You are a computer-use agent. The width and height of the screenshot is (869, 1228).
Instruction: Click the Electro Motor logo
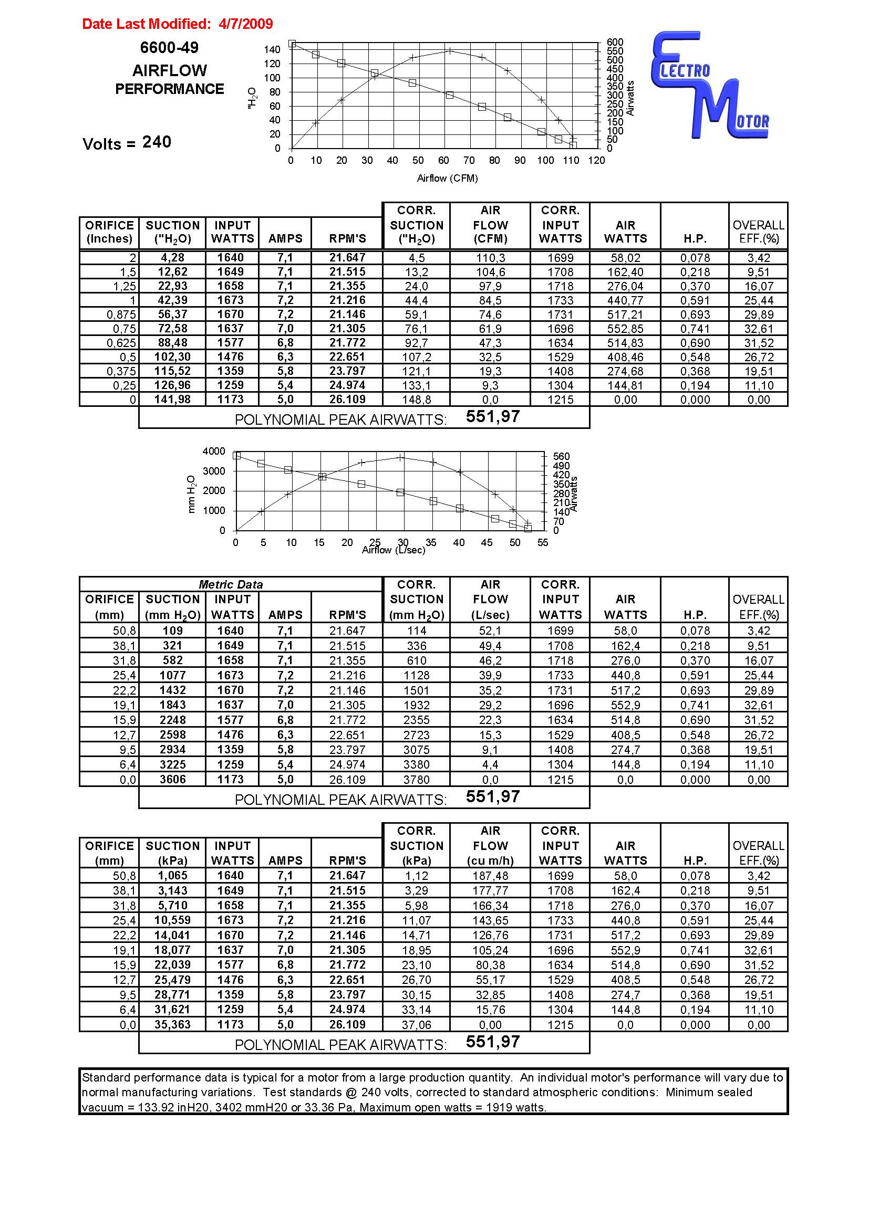710,86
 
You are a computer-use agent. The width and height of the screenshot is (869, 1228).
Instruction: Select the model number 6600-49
169,48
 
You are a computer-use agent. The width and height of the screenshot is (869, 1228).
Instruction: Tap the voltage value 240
157,142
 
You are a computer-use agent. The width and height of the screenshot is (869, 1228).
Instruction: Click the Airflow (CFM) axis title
447,179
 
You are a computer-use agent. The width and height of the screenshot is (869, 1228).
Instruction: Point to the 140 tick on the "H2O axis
272,50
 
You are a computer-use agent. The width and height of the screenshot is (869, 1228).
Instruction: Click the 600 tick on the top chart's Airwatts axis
615,42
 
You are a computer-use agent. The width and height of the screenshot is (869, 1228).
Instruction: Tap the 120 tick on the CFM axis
596,161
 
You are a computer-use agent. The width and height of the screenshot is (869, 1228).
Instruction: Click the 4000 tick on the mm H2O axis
213,452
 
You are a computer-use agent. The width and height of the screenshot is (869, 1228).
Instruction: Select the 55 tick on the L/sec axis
543,542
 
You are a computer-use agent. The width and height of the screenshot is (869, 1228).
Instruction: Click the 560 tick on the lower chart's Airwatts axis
561,456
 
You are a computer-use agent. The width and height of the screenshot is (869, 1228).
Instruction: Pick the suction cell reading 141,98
172,400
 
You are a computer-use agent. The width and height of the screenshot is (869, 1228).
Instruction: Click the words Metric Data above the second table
231,584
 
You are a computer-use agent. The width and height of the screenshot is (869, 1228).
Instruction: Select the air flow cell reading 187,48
490,876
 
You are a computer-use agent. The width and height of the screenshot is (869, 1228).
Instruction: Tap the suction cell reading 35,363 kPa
172,1025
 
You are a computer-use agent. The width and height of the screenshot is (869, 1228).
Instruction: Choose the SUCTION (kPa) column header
172,853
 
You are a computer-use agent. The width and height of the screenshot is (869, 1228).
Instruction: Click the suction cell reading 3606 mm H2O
172,779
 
